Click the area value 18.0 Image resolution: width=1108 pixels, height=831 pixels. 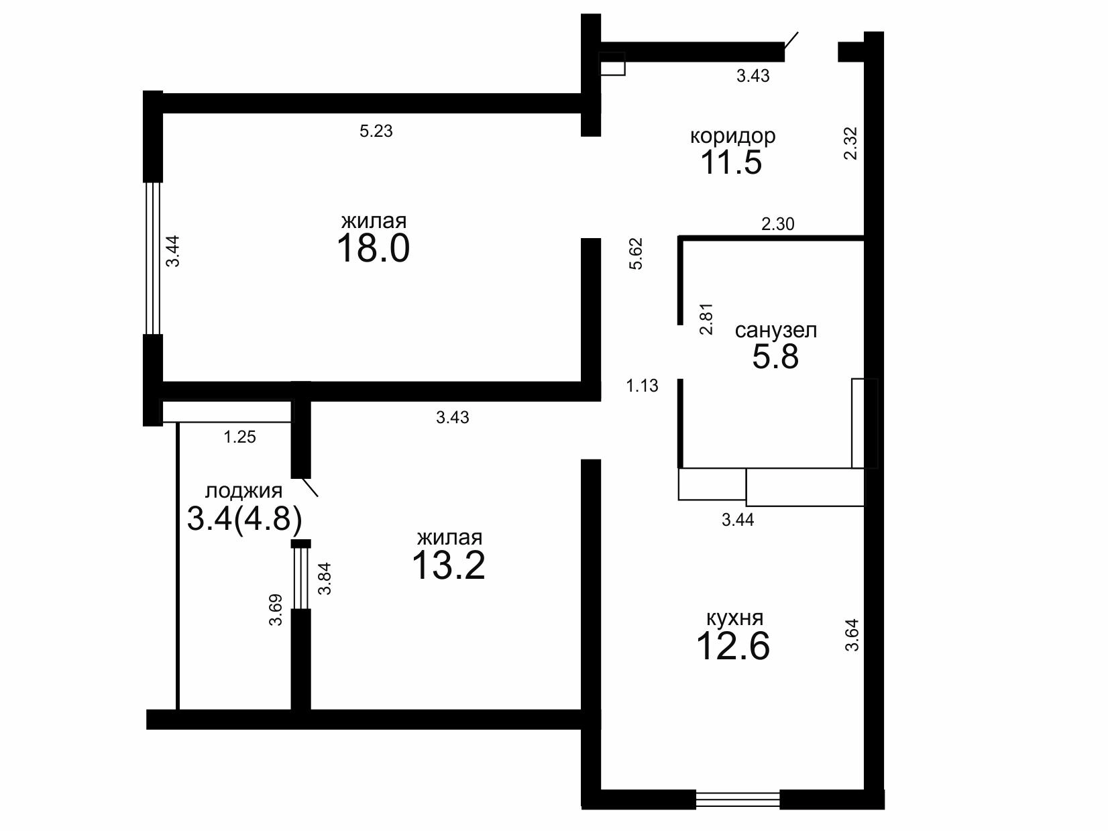click(373, 248)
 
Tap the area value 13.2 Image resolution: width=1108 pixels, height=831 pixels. click(448, 565)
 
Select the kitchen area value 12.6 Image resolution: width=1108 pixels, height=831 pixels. click(733, 646)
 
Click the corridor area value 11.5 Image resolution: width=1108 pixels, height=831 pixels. click(731, 162)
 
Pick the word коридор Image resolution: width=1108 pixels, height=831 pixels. click(732, 136)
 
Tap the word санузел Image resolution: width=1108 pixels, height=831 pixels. click(776, 331)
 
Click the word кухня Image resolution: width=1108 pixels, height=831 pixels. click(734, 618)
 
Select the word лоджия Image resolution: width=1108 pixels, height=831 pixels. click(243, 491)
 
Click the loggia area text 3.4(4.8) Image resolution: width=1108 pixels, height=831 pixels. click(245, 518)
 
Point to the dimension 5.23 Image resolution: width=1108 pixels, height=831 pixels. click(376, 131)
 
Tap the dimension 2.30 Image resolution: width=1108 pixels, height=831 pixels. click(778, 223)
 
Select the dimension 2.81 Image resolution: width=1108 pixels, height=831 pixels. click(706, 319)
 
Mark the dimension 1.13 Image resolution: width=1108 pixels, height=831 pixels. click(642, 386)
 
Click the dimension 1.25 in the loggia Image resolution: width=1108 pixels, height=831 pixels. click(239, 437)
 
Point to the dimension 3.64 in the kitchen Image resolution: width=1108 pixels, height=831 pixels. click(852, 635)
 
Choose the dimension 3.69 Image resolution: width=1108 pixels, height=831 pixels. click(276, 610)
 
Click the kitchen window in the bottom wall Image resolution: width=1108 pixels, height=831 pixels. click(738, 799)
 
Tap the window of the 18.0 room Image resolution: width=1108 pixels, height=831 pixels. click(153, 258)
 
